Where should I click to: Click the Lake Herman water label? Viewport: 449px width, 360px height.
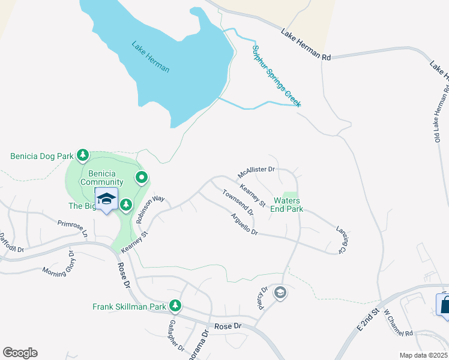(151, 57)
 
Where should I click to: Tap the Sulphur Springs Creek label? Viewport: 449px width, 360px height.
(277, 76)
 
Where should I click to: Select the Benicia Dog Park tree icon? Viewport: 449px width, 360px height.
(83, 156)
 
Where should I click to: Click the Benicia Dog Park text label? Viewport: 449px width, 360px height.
(41, 156)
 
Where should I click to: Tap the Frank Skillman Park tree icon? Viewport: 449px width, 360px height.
(175, 307)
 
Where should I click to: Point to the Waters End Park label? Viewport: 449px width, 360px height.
(288, 205)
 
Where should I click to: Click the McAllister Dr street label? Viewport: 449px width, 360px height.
(256, 172)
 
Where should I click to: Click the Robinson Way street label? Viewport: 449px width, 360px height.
(150, 208)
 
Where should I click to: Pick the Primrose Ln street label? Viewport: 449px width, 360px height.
(73, 229)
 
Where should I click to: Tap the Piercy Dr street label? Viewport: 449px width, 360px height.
(261, 298)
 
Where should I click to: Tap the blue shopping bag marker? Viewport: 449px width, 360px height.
(445, 305)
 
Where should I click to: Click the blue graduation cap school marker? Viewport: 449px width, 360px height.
(106, 199)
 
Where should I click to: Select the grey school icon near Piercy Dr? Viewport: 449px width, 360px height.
(279, 293)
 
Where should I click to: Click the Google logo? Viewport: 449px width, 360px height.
(20, 353)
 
